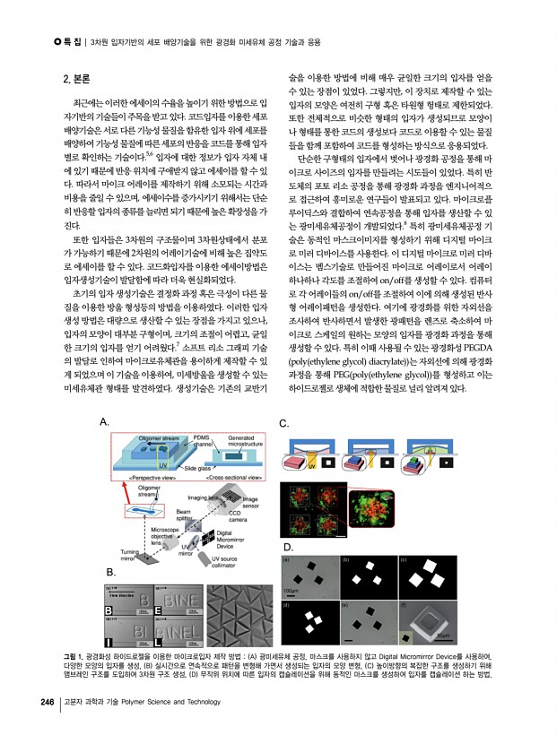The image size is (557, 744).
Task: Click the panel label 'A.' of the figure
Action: click(x=106, y=421)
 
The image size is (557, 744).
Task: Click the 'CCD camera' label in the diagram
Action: click(x=238, y=515)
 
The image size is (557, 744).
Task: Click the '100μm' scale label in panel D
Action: click(x=292, y=592)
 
